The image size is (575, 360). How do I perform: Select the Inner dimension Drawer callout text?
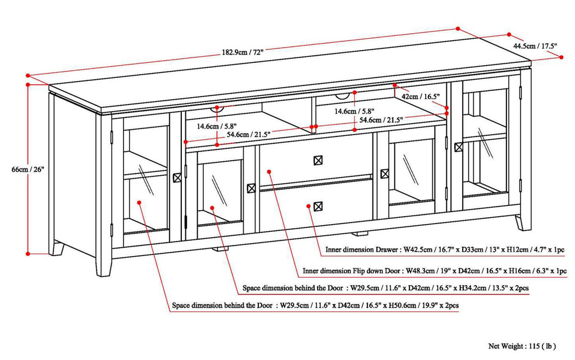pyautogui.click(x=461, y=250)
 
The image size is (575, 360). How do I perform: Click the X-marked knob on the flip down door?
pyautogui.click(x=318, y=160)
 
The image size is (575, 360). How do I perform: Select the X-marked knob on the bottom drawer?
pyautogui.click(x=318, y=206)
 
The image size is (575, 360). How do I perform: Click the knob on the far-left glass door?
pyautogui.click(x=178, y=177)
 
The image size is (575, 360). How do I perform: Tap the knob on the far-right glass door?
pyautogui.click(x=459, y=148)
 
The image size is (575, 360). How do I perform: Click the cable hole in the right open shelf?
pyautogui.click(x=354, y=97)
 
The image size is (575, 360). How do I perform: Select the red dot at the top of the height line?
pyautogui.click(x=27, y=84)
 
